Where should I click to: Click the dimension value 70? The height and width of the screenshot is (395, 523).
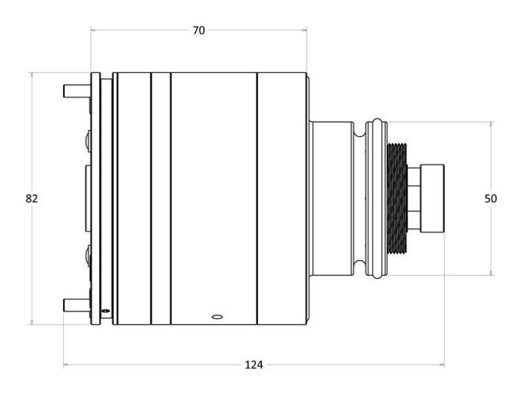(x=198, y=30)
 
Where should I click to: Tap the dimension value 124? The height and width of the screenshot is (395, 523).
(x=254, y=365)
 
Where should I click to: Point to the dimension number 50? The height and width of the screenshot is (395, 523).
(x=491, y=198)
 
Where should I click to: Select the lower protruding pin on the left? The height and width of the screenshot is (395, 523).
(x=76, y=304)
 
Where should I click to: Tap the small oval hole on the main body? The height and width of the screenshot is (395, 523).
(x=218, y=317)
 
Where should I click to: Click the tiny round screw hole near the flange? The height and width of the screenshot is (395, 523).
(x=105, y=311)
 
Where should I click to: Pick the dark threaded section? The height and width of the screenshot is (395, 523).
(x=397, y=198)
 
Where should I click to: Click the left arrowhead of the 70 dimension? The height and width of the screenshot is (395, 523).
(x=92, y=29)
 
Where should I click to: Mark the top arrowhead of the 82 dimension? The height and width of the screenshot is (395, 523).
(x=31, y=74)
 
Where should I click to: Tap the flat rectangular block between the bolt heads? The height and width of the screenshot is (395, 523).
(x=87, y=198)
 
